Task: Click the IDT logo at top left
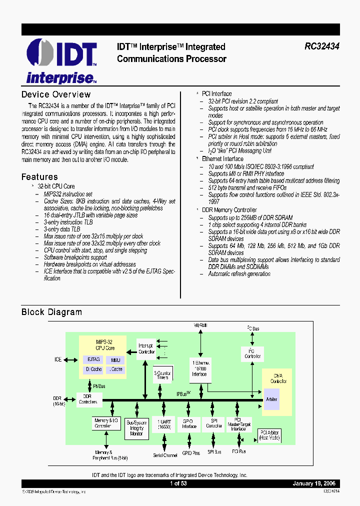point(61,60)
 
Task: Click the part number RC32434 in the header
point(322,46)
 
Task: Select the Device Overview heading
point(56,94)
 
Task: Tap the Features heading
point(39,176)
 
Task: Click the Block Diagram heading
point(51,312)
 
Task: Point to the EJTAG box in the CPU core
point(93,359)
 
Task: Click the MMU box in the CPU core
point(115,359)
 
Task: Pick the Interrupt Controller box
point(146,348)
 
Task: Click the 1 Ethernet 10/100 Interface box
point(199,367)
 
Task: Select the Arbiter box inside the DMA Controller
point(272,399)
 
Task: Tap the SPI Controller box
point(214,423)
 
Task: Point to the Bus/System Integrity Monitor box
point(136,427)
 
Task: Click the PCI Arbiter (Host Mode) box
point(269,435)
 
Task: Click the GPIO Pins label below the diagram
point(190,453)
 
